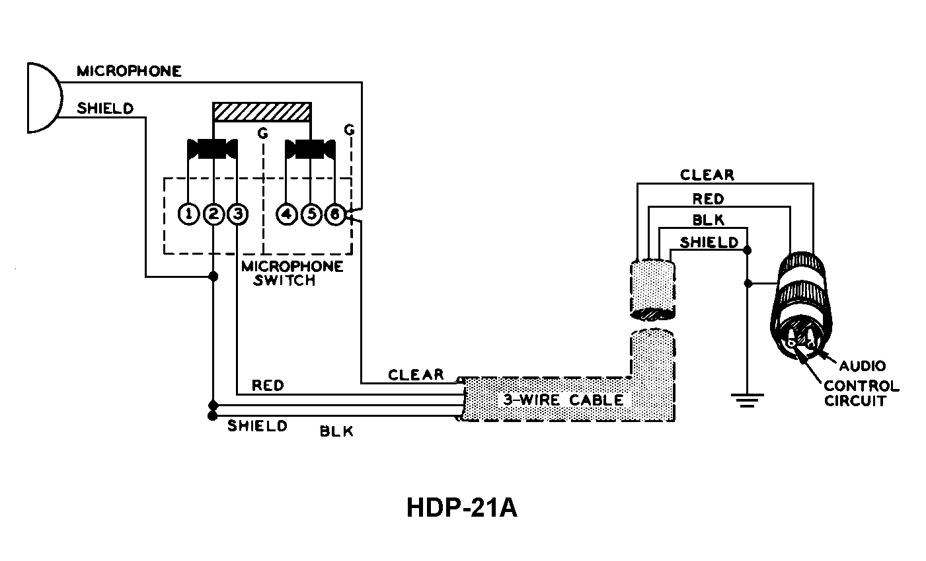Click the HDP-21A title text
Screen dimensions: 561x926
461,508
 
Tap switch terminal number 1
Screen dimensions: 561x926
189,214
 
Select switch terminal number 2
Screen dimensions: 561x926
213,214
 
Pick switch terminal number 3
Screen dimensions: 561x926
237,214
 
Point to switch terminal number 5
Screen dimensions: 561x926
311,214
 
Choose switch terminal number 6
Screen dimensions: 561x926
335,214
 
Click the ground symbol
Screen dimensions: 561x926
747,398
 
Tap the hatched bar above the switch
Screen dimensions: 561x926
262,112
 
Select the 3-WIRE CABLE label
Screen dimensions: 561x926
562,400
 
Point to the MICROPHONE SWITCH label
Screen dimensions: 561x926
292,273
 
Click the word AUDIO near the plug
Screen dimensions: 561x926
862,366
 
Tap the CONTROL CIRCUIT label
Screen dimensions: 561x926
861,393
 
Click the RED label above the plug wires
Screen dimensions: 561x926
708,198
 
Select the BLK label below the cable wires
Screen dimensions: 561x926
336,432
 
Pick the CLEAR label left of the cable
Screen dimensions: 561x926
416,374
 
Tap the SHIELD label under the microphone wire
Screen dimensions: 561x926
105,108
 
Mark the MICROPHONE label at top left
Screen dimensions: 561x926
129,71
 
